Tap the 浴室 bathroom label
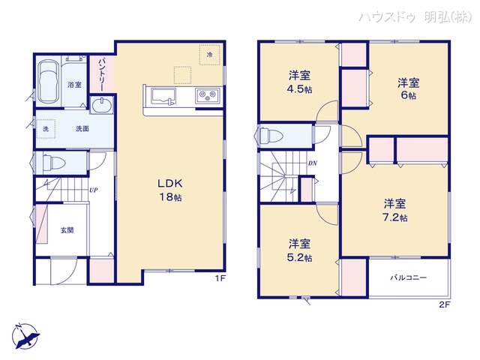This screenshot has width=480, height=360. pos(74,84)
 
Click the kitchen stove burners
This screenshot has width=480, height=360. pos(206,95)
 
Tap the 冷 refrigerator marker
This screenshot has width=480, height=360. pos(210,55)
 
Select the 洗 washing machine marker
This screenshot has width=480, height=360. pos(45,128)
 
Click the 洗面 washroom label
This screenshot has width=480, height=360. pos(82,128)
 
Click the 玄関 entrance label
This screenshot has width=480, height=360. pos(67,230)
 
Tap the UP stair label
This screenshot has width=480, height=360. pos(93,190)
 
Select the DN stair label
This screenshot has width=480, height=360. pos(312,163)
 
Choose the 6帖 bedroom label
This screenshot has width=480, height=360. pos(406,88)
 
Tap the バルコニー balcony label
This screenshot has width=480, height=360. pos(408,277)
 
